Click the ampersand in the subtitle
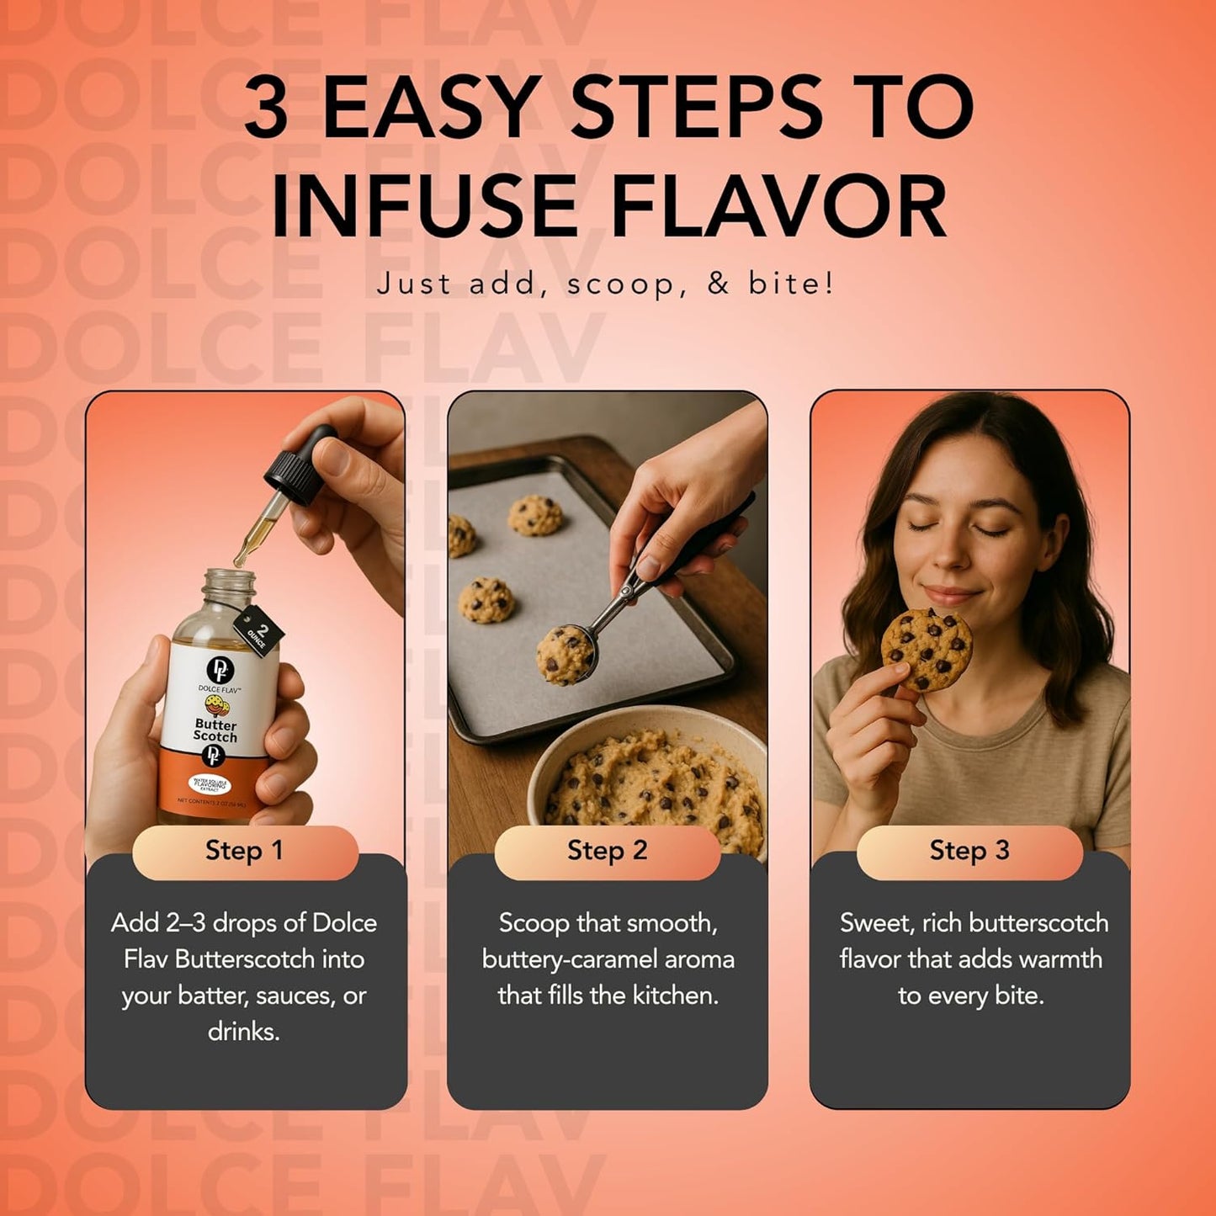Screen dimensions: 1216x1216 (718, 284)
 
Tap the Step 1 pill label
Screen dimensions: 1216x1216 (244, 851)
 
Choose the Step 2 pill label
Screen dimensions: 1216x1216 (607, 851)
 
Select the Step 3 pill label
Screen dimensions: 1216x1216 (969, 851)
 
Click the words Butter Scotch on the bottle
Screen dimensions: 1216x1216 (215, 730)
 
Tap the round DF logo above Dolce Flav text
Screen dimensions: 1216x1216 (220, 669)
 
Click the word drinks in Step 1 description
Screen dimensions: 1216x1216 (242, 1032)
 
